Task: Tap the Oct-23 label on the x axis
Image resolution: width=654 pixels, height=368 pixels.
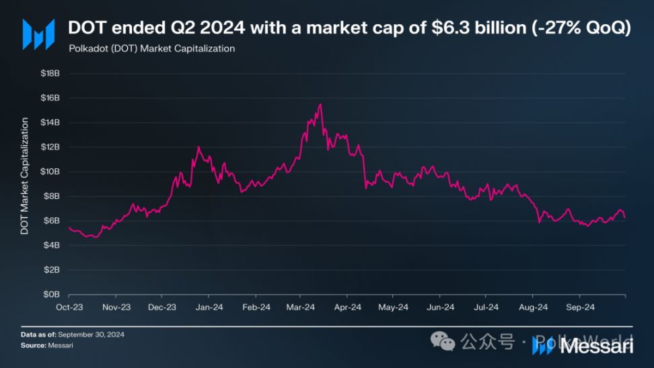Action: (69, 307)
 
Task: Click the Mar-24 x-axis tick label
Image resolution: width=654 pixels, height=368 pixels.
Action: (300, 307)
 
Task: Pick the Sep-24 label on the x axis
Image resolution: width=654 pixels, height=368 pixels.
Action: (579, 307)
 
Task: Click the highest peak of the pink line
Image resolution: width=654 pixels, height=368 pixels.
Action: (320, 104)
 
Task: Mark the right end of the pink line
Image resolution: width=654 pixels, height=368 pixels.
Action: (625, 217)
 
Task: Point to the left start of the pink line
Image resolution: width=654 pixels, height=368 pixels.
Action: (69, 227)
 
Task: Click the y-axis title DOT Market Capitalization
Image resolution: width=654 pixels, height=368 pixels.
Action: (25, 176)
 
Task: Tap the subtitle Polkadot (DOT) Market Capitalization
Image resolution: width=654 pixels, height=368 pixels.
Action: (152, 48)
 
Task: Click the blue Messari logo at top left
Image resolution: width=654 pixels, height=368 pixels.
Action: (38, 34)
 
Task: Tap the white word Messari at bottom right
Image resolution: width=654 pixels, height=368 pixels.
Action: (595, 346)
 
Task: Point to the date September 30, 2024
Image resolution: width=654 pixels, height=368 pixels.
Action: (92, 334)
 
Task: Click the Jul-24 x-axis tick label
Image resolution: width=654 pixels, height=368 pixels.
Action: (486, 307)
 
